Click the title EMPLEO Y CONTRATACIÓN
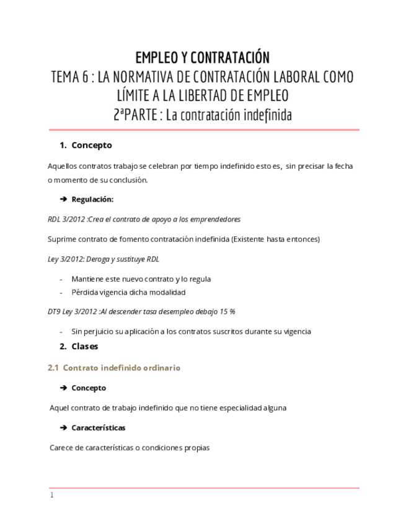point(203,58)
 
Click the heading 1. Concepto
point(86,145)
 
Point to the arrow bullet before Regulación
point(63,200)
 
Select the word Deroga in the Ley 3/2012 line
point(96,259)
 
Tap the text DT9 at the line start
point(55,311)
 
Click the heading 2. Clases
point(79,346)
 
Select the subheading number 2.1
point(53,368)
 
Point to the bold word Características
point(98,428)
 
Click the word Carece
point(61,447)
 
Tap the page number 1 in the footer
point(52,495)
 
